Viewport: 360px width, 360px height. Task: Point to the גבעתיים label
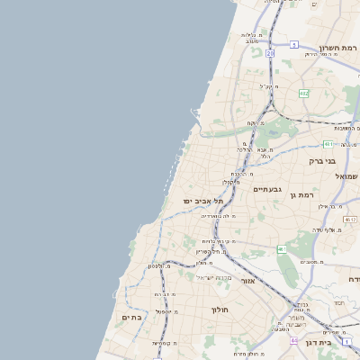[267, 189]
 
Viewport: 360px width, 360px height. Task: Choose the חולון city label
[220, 310]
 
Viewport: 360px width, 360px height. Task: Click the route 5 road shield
[293, 44]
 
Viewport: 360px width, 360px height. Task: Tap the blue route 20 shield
[269, 53]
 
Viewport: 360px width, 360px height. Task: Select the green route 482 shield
[303, 93]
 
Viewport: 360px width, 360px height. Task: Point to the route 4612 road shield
[349, 219]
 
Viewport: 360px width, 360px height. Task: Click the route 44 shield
[293, 341]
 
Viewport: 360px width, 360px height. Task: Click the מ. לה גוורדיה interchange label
[219, 216]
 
